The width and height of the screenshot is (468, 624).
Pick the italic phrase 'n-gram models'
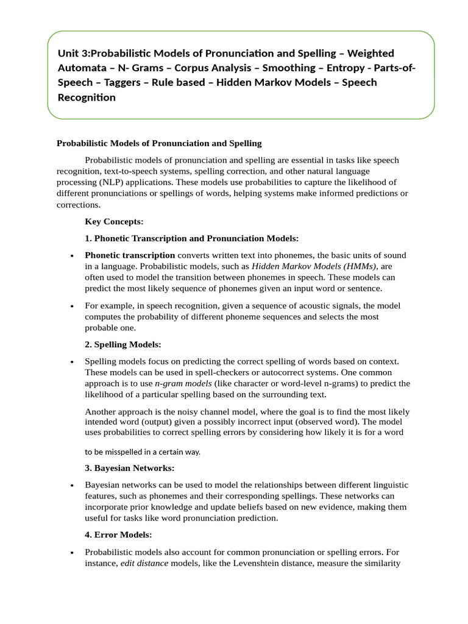click(183, 383)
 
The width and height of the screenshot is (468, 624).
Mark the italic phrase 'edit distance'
click(144, 563)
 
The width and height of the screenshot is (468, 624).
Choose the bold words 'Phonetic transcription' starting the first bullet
click(130, 255)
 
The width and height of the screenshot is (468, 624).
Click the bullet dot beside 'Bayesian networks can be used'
click(73, 486)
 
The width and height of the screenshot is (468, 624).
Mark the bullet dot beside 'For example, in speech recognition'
click(73, 307)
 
